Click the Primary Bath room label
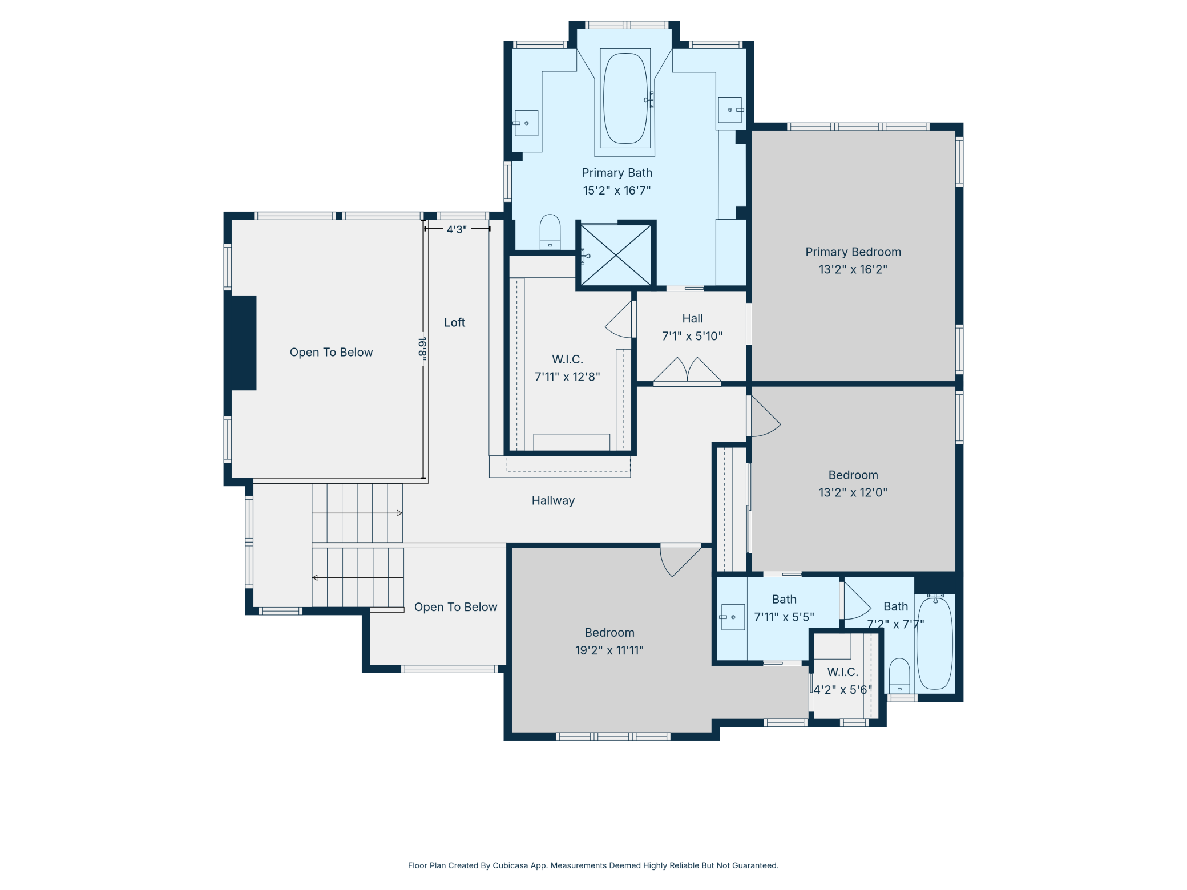pyautogui.click(x=616, y=172)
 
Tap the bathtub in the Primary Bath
pyautogui.click(x=625, y=98)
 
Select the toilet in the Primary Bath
pyautogui.click(x=550, y=232)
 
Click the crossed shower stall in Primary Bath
pyautogui.click(x=616, y=254)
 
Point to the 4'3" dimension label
pyautogui.click(x=457, y=229)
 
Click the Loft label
pyautogui.click(x=455, y=322)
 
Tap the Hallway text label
pyautogui.click(x=553, y=500)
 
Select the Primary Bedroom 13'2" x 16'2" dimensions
pyautogui.click(x=853, y=269)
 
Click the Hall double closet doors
pyautogui.click(x=687, y=371)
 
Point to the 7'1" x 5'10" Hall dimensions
pyautogui.click(x=692, y=336)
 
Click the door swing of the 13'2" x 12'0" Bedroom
pyautogui.click(x=765, y=416)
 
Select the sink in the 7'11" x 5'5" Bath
pyautogui.click(x=733, y=617)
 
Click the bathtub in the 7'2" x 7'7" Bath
pyautogui.click(x=935, y=642)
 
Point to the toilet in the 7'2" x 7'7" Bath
pyautogui.click(x=899, y=675)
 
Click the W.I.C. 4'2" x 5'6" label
pyautogui.click(x=842, y=681)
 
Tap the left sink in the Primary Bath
pyautogui.click(x=526, y=123)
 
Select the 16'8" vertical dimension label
pyautogui.click(x=422, y=347)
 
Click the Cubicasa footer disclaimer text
pyautogui.click(x=593, y=865)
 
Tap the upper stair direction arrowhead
pyautogui.click(x=400, y=513)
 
